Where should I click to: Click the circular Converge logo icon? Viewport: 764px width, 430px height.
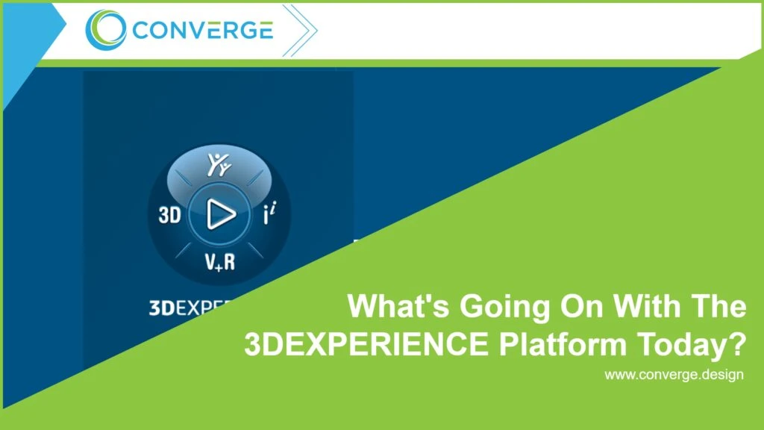[107, 30]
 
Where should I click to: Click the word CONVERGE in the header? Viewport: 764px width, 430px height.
[201, 31]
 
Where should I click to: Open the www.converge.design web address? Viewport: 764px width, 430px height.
[673, 374]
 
